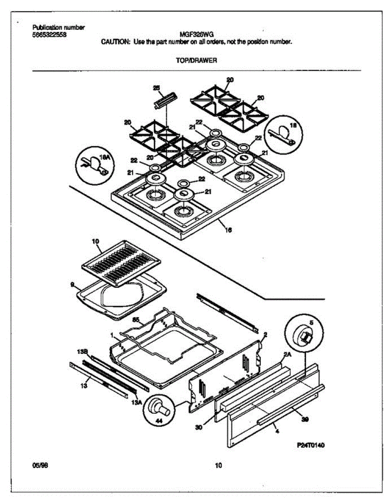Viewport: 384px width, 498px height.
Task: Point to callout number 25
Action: click(x=156, y=88)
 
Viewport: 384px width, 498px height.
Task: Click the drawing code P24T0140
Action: click(x=311, y=445)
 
